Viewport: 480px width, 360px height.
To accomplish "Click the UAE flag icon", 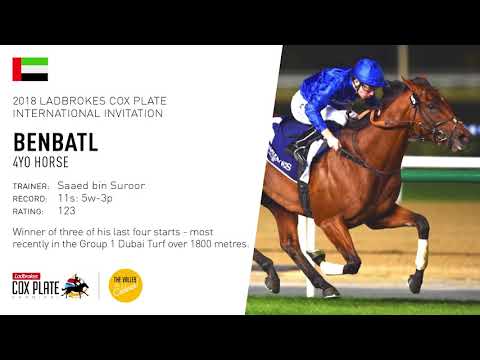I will pyautogui.click(x=30, y=69).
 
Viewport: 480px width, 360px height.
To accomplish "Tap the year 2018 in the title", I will pyautogui.click(x=26, y=100).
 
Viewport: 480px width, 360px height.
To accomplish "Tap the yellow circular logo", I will pyautogui.click(x=125, y=284).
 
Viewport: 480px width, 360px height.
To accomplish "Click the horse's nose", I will pyautogui.click(x=464, y=140).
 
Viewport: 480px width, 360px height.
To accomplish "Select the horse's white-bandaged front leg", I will pyautogui.click(x=420, y=254).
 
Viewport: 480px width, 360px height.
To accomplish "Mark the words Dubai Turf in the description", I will pyautogui.click(x=142, y=243).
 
